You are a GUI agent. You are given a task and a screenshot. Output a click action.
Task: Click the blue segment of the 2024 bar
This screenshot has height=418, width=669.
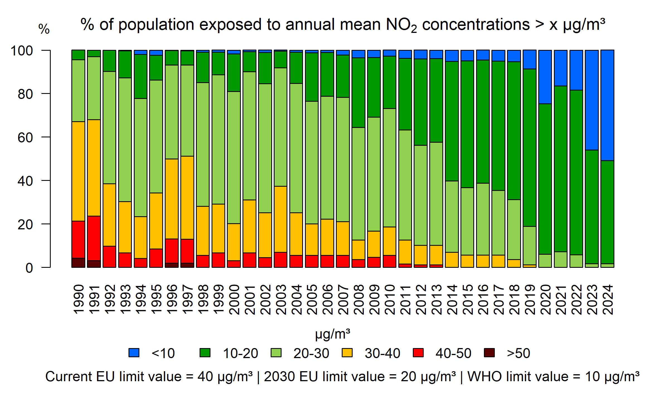[x=607, y=105]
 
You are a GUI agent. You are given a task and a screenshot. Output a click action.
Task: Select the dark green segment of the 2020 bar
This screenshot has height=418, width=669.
[x=545, y=179]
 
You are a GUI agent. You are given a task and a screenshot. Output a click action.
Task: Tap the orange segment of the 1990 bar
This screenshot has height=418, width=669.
[x=78, y=171]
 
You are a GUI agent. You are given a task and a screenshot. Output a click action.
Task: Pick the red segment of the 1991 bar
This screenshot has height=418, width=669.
[x=94, y=238]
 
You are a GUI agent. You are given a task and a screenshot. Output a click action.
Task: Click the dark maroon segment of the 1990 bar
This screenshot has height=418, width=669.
[x=78, y=263]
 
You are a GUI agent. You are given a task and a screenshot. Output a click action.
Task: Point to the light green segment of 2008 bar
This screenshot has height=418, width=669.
[x=358, y=184]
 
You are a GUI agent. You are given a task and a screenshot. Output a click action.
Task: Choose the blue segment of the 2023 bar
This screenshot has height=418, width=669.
[x=592, y=100]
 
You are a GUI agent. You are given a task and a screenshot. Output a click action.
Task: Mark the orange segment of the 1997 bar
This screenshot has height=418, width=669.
[x=187, y=198]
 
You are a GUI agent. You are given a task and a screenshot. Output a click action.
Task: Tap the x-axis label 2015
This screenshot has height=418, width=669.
[x=467, y=300]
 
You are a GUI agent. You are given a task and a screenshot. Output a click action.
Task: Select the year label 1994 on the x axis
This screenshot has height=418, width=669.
[x=140, y=300]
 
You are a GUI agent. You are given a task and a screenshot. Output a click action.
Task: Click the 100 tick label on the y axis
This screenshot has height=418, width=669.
[x=22, y=51]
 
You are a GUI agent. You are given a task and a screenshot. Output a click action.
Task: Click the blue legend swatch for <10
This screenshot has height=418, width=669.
[x=134, y=353]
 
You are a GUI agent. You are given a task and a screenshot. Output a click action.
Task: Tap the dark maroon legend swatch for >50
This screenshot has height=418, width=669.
[x=489, y=353]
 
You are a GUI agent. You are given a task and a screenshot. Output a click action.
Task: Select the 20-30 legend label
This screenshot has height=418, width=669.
[x=311, y=353]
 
